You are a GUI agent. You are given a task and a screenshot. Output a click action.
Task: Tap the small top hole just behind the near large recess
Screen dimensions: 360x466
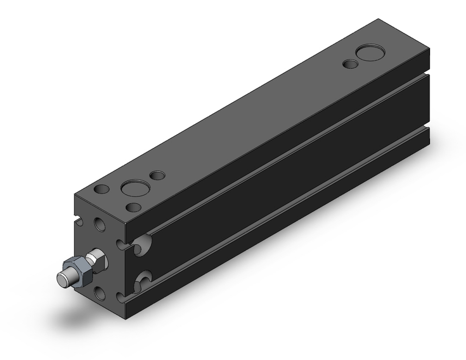pyautogui.click(x=158, y=176)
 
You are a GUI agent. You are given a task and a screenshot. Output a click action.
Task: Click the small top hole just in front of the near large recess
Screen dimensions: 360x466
pyautogui.click(x=133, y=207)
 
